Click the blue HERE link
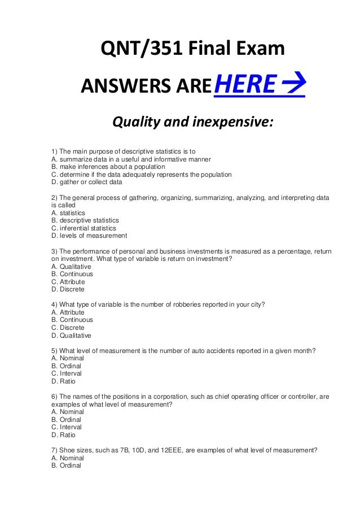[x=244, y=85]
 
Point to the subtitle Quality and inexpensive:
[x=192, y=121]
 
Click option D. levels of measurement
[x=89, y=236]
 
